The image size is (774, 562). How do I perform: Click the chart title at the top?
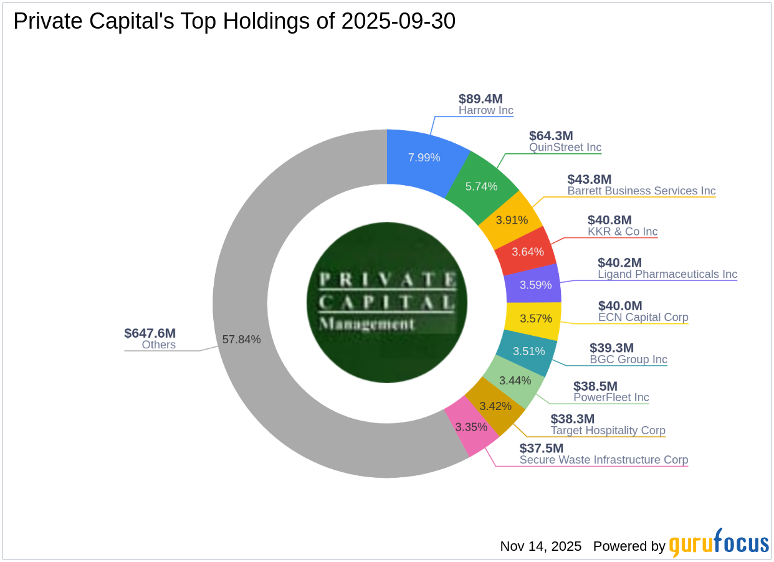pos(234,21)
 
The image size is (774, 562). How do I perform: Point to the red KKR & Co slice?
pos(527,251)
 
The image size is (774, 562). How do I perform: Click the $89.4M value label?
pos(480,98)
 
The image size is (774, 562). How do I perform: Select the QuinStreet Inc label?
pos(565,148)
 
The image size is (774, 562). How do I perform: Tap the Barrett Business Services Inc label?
pos(641,191)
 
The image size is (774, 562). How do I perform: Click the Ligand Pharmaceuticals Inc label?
pos(667,274)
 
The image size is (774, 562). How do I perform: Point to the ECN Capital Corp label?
pos(643,317)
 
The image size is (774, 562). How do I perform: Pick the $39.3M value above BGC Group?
pos(611,348)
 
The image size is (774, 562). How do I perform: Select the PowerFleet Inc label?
pos(611,398)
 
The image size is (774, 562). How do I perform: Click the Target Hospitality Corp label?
pos(608,431)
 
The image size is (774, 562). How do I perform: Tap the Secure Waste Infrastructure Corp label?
pos(604,460)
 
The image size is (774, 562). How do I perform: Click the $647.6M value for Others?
pos(150,333)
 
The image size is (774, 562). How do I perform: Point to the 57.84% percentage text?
pos(241,340)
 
